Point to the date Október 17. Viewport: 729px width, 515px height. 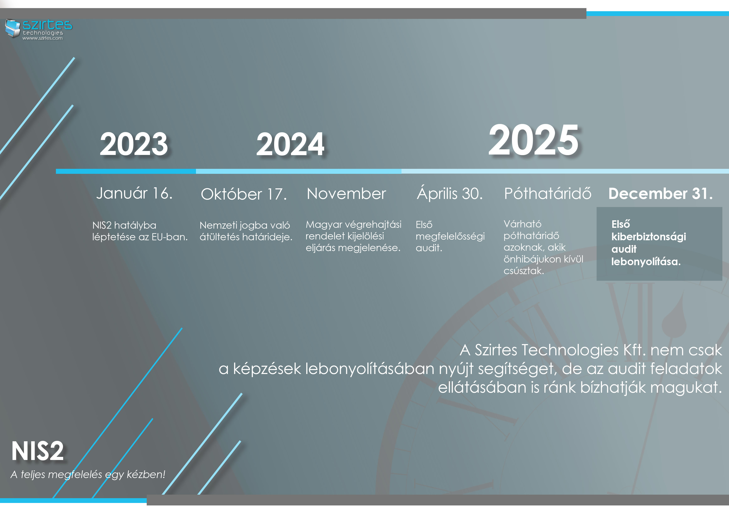click(244, 194)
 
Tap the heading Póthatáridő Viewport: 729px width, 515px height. click(548, 193)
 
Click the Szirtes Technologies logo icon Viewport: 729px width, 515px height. click(13, 28)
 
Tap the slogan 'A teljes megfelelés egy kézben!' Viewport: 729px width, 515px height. click(88, 474)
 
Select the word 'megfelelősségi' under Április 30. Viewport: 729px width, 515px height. click(450, 236)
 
